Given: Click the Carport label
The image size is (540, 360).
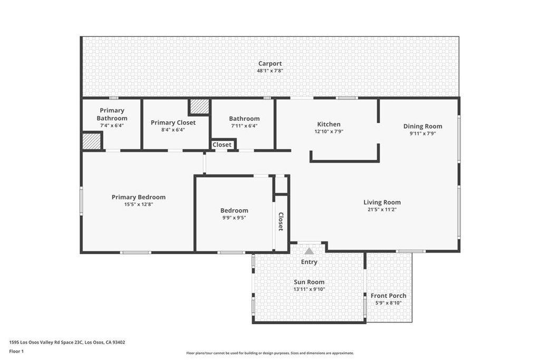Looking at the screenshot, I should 269,64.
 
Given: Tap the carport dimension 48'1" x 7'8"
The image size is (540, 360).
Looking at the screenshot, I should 269,71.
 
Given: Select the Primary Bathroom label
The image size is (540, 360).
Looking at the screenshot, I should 112,114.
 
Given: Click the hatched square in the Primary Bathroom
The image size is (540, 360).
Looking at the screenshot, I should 91,141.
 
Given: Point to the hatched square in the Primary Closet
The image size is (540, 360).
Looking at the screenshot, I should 200,106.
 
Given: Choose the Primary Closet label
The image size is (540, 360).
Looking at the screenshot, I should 173,123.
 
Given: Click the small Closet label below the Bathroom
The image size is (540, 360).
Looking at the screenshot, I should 222,144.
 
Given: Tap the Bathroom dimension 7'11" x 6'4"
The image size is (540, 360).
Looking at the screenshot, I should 244,126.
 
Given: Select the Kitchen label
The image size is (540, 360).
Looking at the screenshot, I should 329,124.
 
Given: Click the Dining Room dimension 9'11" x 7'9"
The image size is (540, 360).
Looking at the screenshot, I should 422,133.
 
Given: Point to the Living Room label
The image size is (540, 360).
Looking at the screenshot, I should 382,202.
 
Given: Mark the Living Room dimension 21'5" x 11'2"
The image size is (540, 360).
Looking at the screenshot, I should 382,209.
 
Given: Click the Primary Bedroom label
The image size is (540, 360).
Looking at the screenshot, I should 139,197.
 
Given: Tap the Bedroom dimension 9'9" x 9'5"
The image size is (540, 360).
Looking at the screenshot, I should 234,217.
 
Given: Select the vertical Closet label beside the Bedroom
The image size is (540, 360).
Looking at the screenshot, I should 281,222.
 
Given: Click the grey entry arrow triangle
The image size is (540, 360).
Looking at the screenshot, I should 309,251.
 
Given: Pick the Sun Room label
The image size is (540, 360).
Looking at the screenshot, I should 309,282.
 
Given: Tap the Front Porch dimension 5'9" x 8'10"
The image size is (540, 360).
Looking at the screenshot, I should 388,303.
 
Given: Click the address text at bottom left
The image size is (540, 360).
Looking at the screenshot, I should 67,342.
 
